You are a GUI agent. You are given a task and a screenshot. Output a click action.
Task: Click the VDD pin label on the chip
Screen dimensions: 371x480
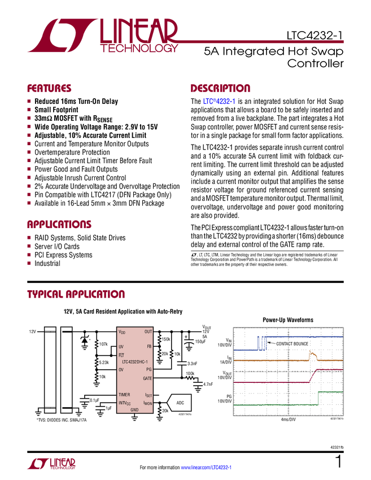pos(122,332)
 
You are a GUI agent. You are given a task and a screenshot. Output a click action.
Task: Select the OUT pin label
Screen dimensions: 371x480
pos(148,332)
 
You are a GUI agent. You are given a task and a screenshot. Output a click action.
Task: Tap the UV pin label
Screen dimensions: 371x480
pos(121,346)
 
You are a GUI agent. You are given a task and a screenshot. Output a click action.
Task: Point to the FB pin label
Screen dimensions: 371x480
pos(149,346)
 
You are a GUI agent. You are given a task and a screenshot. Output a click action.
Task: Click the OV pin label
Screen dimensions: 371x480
pos(121,369)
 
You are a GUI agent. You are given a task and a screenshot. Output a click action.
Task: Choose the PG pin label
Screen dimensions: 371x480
pos(149,369)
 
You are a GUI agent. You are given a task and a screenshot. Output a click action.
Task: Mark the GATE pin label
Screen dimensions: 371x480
pos(147,378)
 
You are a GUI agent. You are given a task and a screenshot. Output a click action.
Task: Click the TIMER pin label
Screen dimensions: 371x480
pos(125,395)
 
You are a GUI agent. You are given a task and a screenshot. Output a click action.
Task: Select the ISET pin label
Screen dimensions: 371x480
pos(148,395)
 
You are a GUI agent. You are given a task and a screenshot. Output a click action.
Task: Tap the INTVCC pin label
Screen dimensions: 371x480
pos(125,403)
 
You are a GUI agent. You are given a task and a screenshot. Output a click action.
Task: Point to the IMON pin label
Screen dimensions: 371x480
pos(147,403)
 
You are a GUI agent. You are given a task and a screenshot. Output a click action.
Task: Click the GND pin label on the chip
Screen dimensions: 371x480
pos(134,410)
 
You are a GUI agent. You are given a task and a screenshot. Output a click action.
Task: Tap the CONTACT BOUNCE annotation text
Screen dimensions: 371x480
pos(292,344)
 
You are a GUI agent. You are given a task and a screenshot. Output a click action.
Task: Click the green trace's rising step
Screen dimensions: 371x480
pos(318,398)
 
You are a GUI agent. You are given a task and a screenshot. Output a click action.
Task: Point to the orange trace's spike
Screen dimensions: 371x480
pos(312,354)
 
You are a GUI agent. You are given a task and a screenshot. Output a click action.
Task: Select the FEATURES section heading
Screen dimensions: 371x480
pos(49,89)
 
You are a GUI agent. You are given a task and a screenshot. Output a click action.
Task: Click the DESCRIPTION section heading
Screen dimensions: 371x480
pos(220,89)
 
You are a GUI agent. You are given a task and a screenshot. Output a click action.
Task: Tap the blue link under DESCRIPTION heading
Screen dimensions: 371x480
pos(218,102)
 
